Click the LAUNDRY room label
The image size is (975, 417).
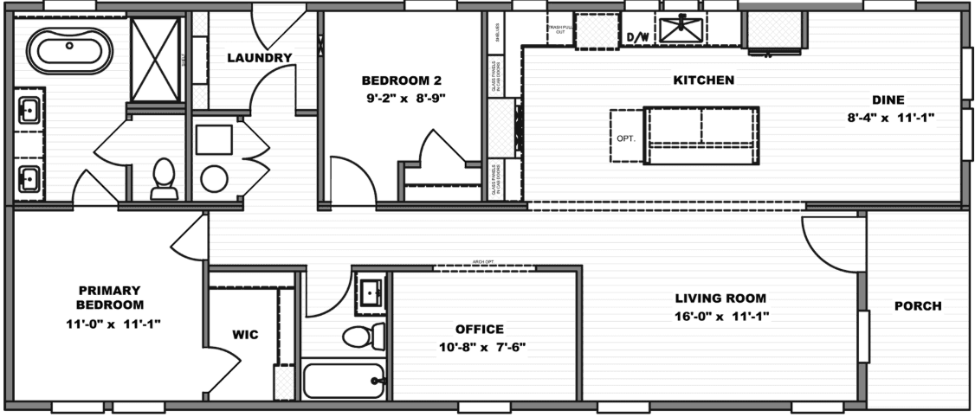[259, 58]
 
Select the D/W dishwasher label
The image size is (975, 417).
[637, 37]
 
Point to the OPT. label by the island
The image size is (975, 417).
[626, 138]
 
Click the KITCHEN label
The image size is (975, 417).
[704, 80]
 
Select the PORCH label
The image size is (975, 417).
[918, 305]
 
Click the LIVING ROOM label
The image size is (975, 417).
[722, 298]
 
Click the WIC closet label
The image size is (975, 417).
[245, 334]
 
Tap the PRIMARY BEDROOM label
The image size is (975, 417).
[109, 298]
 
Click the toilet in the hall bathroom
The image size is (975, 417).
[363, 336]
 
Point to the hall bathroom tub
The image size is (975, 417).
[344, 380]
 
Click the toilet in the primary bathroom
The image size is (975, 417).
[164, 177]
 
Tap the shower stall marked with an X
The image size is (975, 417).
[156, 60]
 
